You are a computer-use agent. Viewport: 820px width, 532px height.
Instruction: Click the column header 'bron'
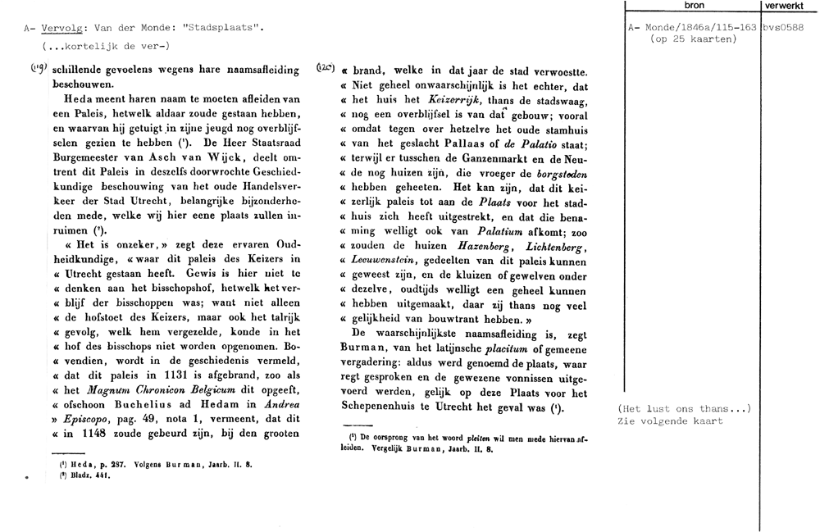(693, 6)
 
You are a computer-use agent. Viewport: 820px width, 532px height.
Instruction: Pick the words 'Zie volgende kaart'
(670, 421)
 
